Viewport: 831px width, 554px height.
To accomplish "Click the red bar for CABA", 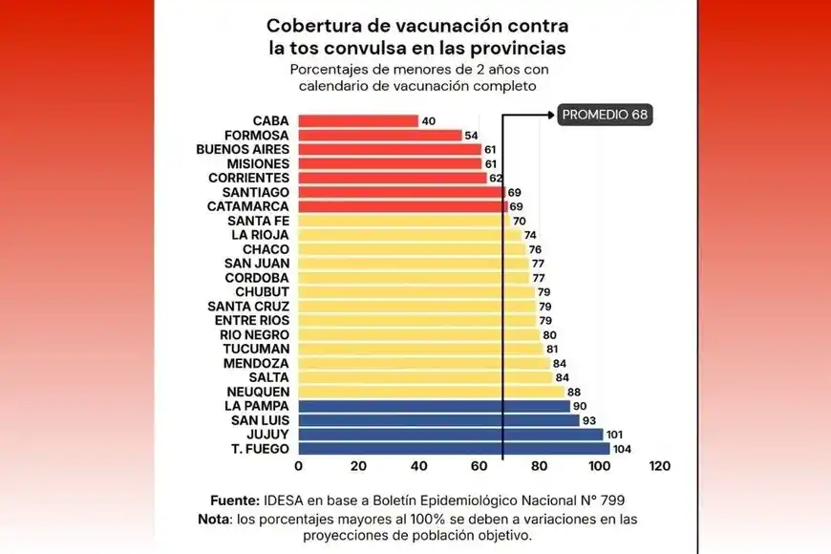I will pyautogui.click(x=358, y=121).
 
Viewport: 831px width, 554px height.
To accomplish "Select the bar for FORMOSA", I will pyautogui.click(x=379, y=136).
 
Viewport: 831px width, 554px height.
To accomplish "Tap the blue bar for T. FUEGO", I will pyautogui.click(x=454, y=449).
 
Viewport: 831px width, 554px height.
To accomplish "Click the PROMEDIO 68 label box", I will pyautogui.click(x=605, y=115).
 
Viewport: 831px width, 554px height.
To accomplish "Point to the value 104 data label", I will pyautogui.click(x=624, y=449).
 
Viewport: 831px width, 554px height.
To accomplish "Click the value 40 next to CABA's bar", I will pyautogui.click(x=428, y=121).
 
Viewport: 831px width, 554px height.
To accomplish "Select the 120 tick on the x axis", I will pyautogui.click(x=659, y=466).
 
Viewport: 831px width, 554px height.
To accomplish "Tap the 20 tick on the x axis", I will pyautogui.click(x=358, y=466).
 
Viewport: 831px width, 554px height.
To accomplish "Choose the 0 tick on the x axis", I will pyautogui.click(x=298, y=466).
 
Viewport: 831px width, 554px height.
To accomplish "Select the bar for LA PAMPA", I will pyautogui.click(x=434, y=406).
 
